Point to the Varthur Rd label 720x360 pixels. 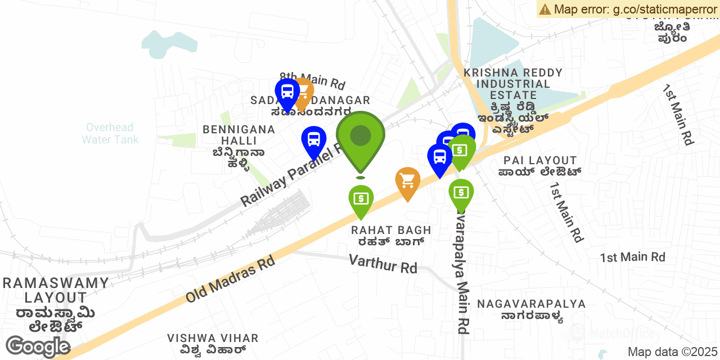383,263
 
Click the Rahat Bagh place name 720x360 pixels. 391,230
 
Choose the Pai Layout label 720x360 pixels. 540,161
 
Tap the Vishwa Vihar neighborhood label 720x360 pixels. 213,338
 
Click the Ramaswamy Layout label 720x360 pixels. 56,290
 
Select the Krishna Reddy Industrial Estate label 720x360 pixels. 513,84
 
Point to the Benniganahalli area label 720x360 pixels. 239,135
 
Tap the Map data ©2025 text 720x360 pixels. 673,352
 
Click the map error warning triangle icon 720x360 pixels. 544,9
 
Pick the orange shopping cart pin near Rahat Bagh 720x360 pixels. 408,181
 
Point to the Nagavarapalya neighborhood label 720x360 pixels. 531,304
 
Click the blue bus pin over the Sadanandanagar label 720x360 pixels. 287,92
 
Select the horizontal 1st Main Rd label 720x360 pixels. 632,258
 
